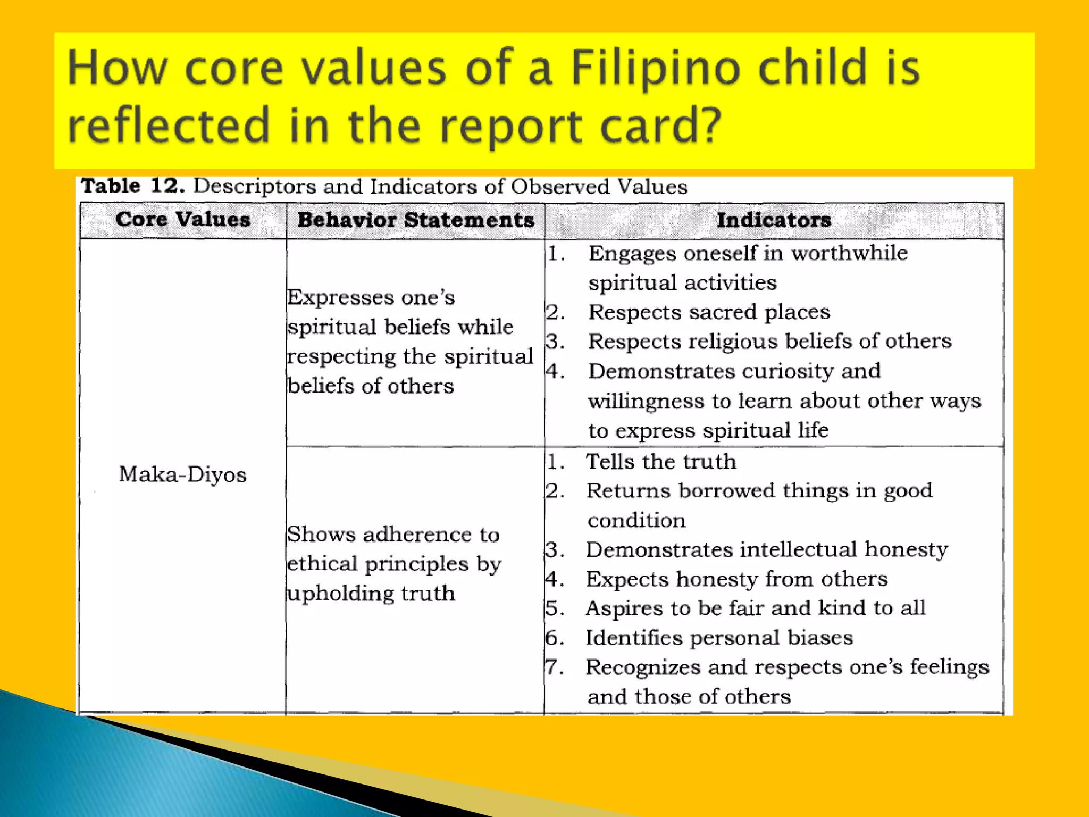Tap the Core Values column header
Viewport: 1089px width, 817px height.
183,220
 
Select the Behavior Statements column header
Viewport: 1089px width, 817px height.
415,220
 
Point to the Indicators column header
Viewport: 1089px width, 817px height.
774,220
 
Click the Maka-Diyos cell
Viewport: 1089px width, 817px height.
182,474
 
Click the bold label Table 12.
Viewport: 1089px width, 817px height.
132,186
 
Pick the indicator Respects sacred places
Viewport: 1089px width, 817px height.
709,312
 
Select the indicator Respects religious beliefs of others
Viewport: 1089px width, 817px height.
769,341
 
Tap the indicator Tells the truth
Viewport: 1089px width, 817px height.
661,462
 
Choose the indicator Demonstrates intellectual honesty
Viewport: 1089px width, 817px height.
767,549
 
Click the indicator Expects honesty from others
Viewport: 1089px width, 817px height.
736,579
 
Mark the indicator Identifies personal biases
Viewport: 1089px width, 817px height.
719,638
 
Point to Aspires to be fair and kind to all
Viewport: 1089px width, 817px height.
755,608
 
